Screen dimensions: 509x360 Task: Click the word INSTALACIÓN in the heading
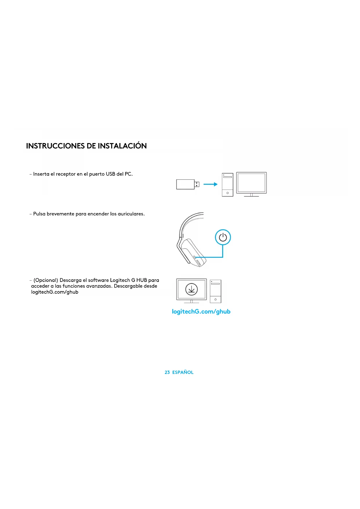(x=122, y=146)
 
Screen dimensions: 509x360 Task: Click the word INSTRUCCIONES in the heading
(x=55, y=146)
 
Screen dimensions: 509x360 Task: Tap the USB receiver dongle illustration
(x=187, y=184)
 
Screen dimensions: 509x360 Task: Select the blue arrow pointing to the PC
(x=210, y=184)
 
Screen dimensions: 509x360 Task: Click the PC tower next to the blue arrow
(x=227, y=185)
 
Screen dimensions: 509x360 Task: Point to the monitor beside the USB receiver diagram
(x=251, y=183)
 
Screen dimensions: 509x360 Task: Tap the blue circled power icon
(x=223, y=237)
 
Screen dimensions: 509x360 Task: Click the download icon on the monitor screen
(x=191, y=289)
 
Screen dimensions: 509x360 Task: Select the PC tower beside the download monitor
(x=216, y=291)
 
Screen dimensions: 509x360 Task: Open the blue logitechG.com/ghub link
(x=201, y=312)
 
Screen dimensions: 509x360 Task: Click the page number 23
(x=167, y=372)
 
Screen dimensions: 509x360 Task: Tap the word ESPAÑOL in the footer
(x=183, y=372)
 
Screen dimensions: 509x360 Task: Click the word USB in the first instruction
(x=110, y=174)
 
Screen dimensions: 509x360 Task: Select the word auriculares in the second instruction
(x=131, y=214)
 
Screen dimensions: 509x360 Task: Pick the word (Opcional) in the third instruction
(x=46, y=280)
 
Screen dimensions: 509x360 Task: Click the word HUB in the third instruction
(x=142, y=280)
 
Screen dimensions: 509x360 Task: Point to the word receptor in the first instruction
(x=66, y=174)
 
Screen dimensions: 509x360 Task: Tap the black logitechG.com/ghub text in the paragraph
(x=55, y=292)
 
